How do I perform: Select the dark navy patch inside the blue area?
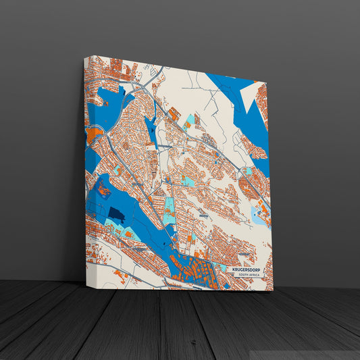[116, 215]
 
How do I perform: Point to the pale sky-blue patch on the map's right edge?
[259, 216]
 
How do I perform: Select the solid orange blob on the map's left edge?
[93, 135]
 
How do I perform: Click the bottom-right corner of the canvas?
[273, 291]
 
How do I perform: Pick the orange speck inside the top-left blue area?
[105, 101]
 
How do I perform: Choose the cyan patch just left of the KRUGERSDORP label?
[224, 269]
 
